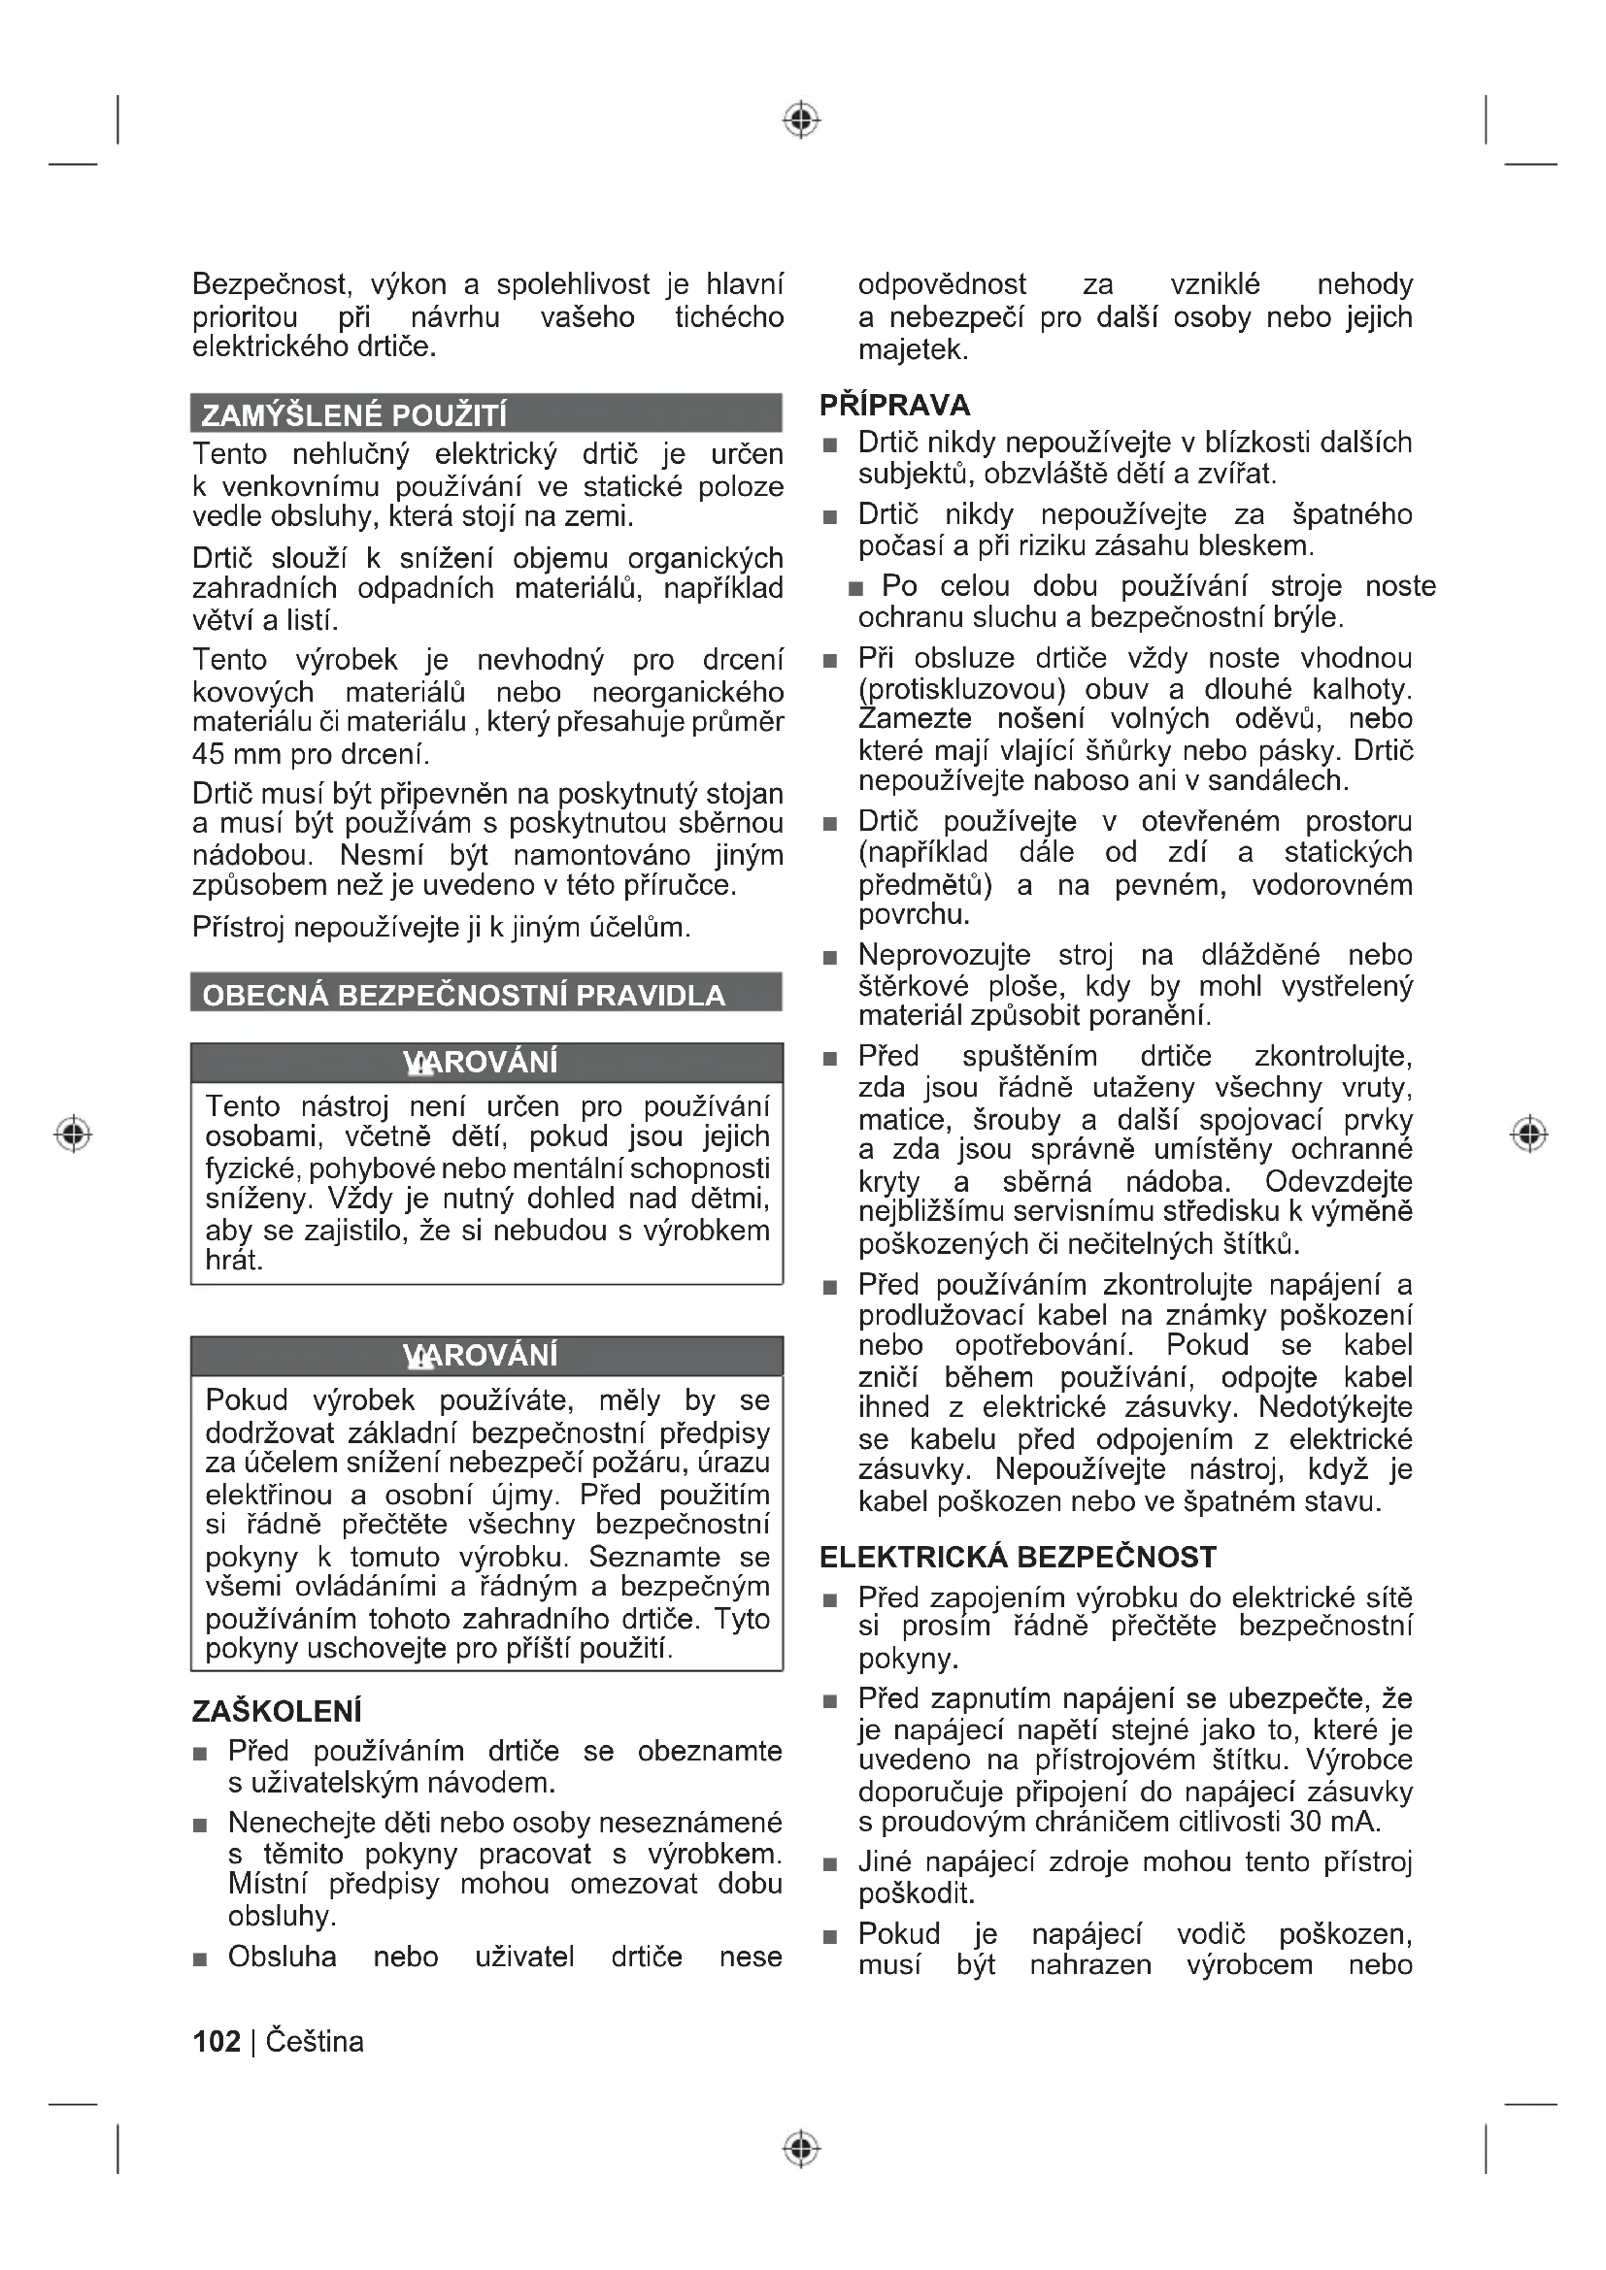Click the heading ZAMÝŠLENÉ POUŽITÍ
(x=353, y=414)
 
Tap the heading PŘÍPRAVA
(x=894, y=406)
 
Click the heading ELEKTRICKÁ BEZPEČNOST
(x=1018, y=1557)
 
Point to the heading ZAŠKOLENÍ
(x=277, y=1711)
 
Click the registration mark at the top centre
(x=802, y=119)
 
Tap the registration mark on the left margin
(x=72, y=1133)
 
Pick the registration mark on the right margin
(x=1529, y=1133)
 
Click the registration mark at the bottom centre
(x=802, y=2149)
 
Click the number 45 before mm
(x=210, y=754)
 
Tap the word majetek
(x=913, y=350)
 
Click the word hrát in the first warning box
(x=233, y=1261)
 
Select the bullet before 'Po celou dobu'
(x=856, y=589)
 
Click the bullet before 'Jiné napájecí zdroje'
(x=831, y=1865)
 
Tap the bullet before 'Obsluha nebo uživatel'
(x=201, y=1959)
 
